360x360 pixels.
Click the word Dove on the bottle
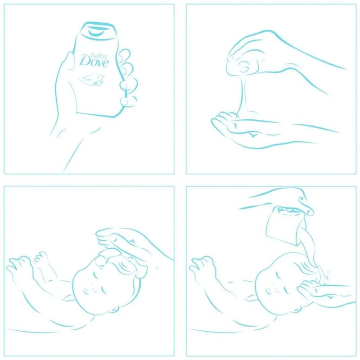click(x=94, y=61)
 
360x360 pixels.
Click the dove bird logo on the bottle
click(x=92, y=80)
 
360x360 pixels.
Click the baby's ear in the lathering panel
click(x=114, y=308)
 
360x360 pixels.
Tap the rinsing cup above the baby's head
click(x=285, y=225)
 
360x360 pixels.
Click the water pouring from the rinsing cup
click(x=309, y=250)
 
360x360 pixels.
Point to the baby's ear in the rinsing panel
click(x=297, y=309)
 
